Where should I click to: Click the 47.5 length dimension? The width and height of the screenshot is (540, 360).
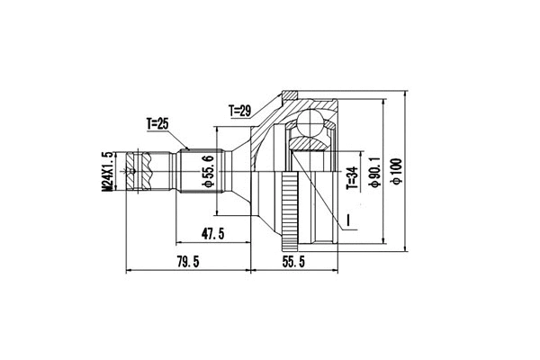coord(213,235)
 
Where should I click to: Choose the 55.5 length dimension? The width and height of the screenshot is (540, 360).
coord(293,262)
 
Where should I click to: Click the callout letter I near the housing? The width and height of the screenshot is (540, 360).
coord(346,219)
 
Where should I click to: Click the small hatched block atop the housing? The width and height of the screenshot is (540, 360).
coord(290,94)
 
